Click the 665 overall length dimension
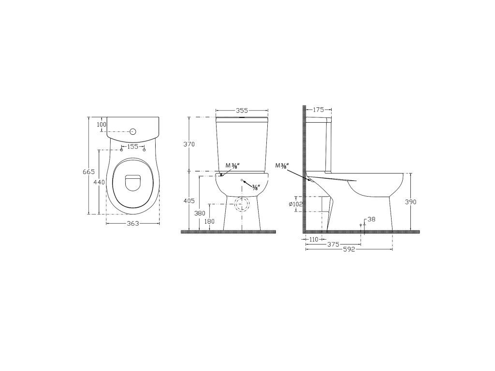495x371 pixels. tap(89, 172)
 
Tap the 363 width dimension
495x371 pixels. tap(132, 223)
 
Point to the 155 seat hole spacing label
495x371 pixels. tap(132, 146)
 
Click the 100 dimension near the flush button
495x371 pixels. tap(102, 124)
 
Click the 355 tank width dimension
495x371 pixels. tap(242, 111)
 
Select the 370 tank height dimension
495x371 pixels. tap(189, 144)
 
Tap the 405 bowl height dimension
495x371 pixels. tap(189, 200)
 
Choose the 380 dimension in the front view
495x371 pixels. tap(200, 213)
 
